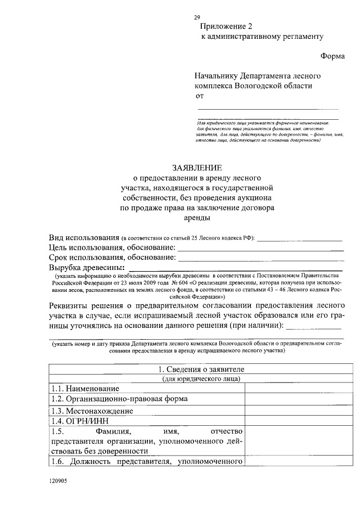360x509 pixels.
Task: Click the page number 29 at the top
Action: (197, 17)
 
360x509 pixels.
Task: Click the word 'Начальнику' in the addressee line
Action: (216, 75)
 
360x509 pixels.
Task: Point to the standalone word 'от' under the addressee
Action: (199, 96)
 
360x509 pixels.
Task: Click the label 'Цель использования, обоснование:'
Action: (112, 247)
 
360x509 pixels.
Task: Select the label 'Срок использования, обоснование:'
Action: (112, 257)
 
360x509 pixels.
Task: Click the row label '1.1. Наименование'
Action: (85, 389)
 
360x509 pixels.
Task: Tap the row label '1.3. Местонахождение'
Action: (92, 411)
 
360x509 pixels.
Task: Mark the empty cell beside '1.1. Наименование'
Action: (294, 389)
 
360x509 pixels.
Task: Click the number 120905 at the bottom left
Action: (57, 481)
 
